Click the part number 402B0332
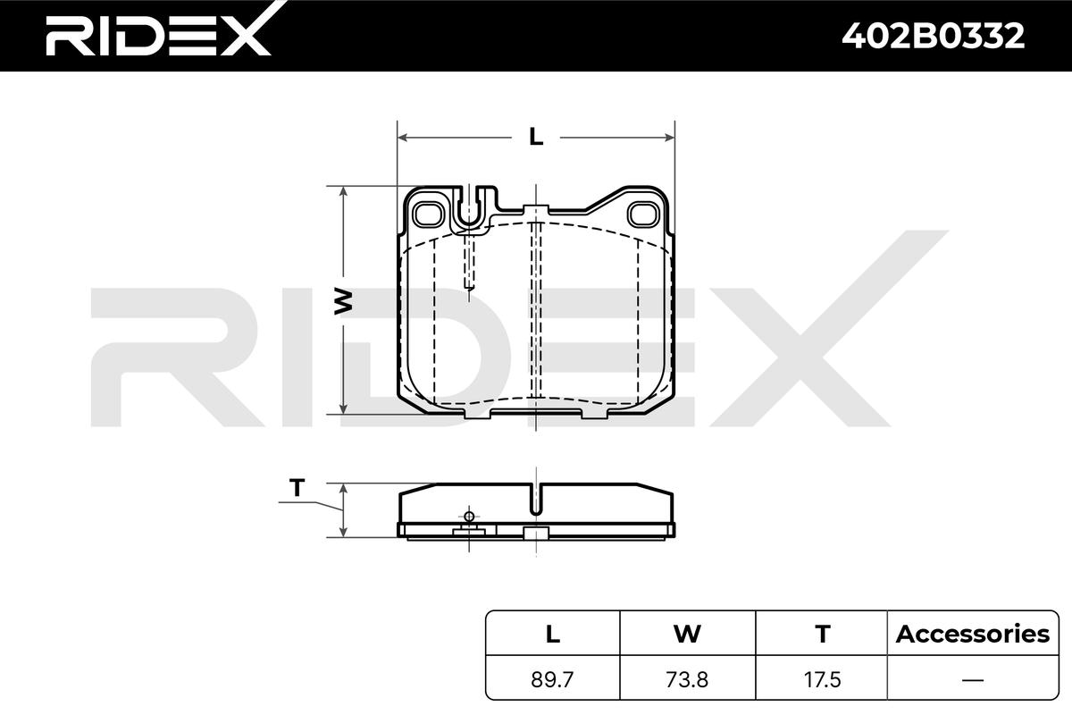click(934, 36)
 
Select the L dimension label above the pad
click(536, 138)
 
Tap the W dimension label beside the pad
click(343, 301)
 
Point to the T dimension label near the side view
click(297, 488)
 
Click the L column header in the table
click(553, 634)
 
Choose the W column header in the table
click(687, 634)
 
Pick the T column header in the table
click(822, 634)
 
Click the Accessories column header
click(973, 634)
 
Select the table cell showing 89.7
click(552, 679)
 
